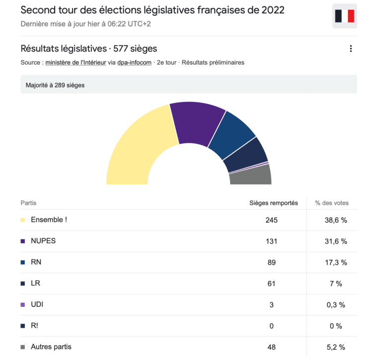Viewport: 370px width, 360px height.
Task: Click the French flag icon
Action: click(344, 16)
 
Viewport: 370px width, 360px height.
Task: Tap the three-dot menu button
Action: click(351, 49)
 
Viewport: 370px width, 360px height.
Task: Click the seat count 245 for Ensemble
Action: click(271, 220)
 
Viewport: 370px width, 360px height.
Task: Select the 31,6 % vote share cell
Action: click(336, 241)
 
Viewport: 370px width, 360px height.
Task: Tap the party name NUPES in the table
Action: click(43, 241)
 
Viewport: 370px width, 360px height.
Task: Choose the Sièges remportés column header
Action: click(274, 203)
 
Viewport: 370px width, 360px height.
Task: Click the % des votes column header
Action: click(332, 203)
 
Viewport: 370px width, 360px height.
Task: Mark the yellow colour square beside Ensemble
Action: click(23, 220)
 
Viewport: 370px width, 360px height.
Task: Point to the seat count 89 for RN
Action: click(271, 262)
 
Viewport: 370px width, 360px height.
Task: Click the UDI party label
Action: click(37, 304)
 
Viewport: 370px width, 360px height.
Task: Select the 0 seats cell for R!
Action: click(271, 326)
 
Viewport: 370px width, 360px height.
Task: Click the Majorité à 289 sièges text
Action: click(55, 85)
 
